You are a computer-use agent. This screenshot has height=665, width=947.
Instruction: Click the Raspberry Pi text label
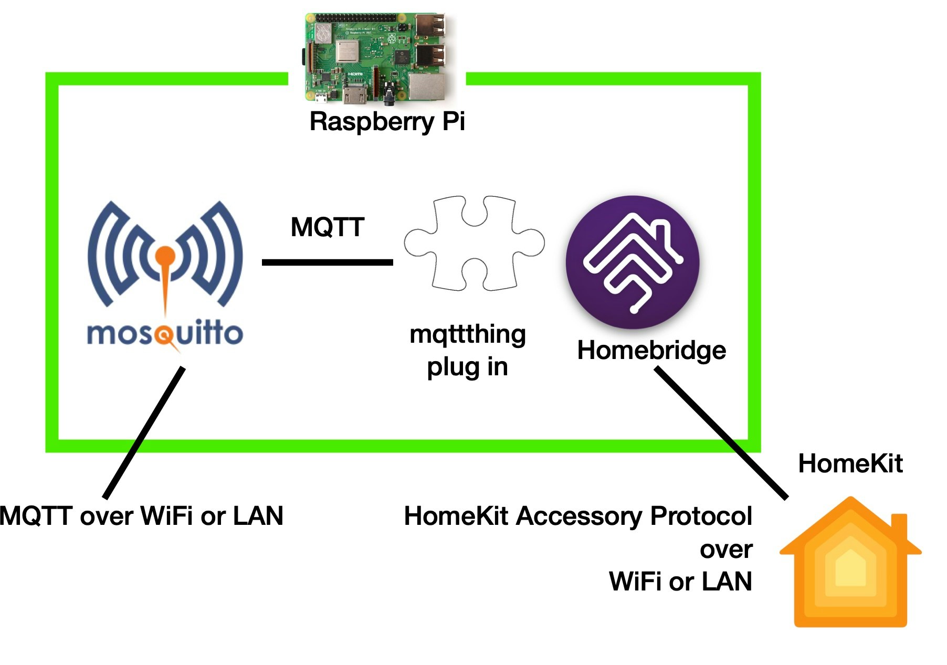pos(387,122)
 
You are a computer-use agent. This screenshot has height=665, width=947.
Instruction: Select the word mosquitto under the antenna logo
pos(165,334)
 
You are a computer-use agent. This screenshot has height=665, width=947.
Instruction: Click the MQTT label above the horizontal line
pos(328,227)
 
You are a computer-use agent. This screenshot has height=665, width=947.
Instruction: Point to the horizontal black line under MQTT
pos(327,262)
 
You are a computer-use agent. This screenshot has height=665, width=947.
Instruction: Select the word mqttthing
pos(467,335)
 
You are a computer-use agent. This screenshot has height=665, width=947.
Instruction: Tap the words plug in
pos(467,367)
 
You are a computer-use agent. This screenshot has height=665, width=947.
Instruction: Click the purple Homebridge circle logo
pos(633,262)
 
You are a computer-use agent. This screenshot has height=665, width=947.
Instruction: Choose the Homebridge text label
pos(651,350)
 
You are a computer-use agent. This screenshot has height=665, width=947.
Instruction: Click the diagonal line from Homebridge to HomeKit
pos(722,433)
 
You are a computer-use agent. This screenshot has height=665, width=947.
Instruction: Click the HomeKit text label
pos(850,463)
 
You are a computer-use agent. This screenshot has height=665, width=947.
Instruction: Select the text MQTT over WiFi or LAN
pos(142,516)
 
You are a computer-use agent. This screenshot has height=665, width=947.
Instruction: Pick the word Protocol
pos(701,516)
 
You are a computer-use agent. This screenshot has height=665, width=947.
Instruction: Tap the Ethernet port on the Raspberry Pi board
pos(426,86)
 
